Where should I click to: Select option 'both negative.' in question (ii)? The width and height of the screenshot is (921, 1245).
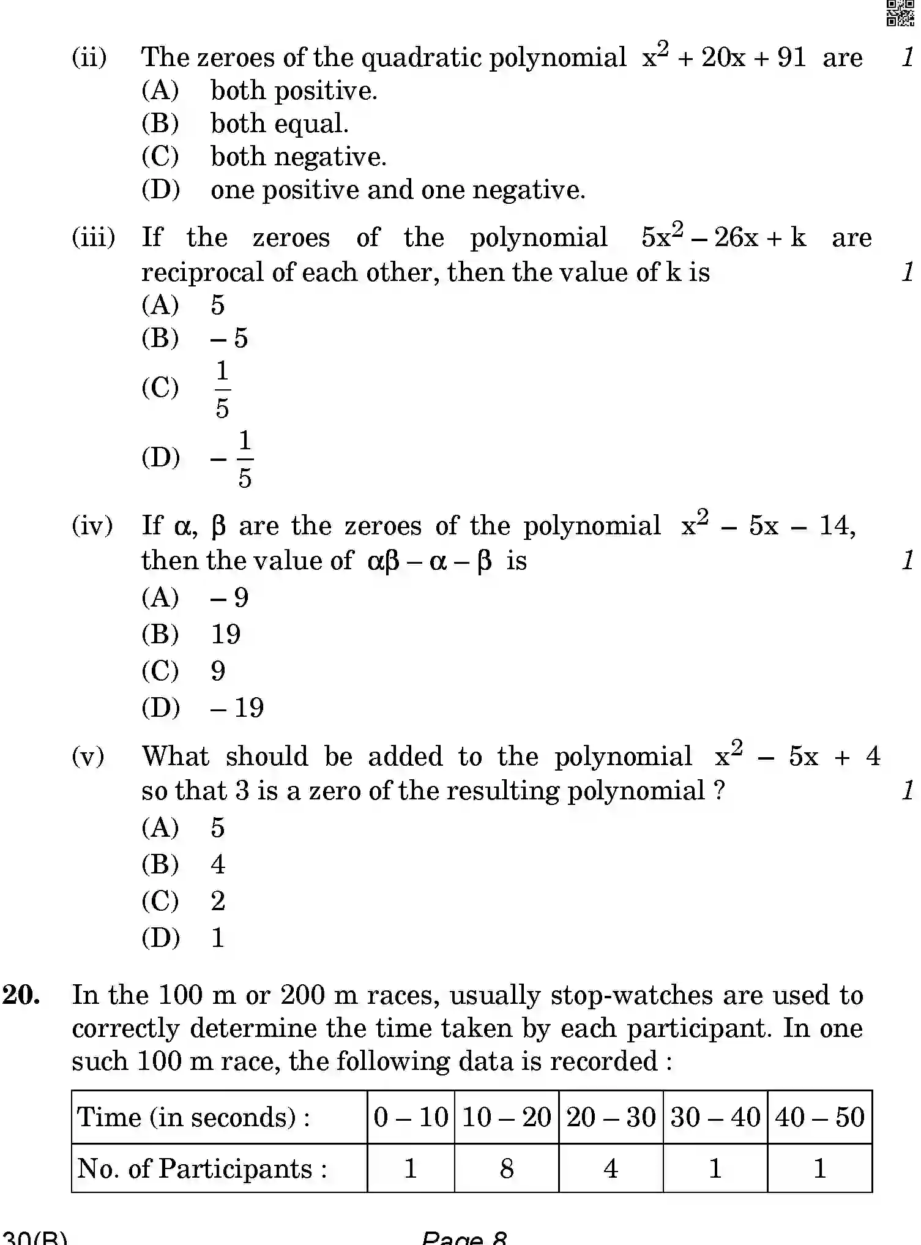click(298, 157)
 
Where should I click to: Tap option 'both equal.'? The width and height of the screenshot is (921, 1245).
click(279, 124)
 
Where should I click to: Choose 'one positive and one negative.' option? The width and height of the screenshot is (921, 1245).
click(398, 190)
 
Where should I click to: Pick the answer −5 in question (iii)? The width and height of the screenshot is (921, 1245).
click(229, 338)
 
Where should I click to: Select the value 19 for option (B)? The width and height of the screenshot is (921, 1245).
click(226, 634)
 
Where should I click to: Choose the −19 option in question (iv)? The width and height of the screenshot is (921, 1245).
click(237, 708)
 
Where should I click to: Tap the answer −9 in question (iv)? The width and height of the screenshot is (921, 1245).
click(229, 597)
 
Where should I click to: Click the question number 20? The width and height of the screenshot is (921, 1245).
click(22, 995)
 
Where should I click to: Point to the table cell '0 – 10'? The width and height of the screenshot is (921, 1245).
click(411, 1117)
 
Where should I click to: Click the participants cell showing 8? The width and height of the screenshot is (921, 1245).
click(506, 1168)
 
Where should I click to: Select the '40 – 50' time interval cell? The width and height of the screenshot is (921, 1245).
click(819, 1117)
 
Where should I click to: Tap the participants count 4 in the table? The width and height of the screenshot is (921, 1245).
click(610, 1168)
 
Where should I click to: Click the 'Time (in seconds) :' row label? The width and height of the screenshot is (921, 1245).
click(193, 1117)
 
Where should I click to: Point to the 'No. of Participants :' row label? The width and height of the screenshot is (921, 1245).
click(202, 1168)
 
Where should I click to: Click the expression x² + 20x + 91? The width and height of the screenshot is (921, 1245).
click(724, 57)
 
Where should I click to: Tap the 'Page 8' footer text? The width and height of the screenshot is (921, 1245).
click(464, 1238)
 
